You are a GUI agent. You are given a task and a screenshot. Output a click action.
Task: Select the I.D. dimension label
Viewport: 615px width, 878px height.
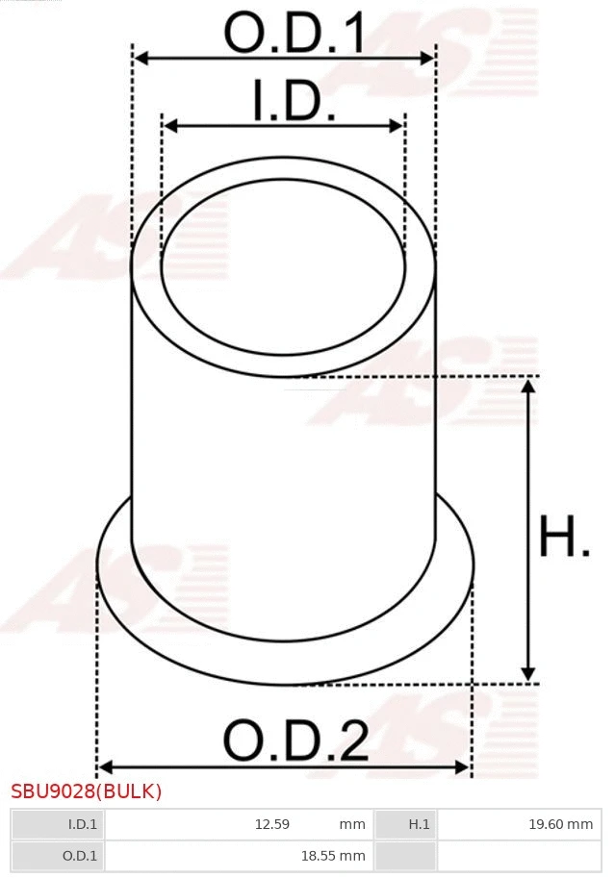(294, 101)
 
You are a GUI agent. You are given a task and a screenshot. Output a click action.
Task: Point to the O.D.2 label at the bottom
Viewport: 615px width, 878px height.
(295, 741)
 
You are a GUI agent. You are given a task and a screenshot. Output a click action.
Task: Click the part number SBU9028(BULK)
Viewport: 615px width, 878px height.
(87, 791)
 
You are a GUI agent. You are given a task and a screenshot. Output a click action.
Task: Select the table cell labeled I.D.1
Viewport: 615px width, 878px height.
(58, 824)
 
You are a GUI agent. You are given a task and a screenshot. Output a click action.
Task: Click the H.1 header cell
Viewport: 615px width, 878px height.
(405, 824)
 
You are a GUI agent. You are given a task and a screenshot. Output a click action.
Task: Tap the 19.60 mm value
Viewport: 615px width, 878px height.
(558, 824)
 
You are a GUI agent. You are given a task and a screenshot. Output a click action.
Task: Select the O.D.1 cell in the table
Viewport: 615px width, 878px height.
(58, 855)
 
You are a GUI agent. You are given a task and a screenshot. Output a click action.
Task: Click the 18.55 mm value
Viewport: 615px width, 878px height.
(332, 855)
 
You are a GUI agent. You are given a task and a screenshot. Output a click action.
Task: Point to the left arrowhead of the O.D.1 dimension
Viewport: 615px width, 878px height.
(140, 58)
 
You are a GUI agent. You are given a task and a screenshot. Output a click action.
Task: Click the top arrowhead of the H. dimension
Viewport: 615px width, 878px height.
(527, 386)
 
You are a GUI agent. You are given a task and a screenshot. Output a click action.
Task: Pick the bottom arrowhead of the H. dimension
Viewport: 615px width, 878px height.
(527, 674)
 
